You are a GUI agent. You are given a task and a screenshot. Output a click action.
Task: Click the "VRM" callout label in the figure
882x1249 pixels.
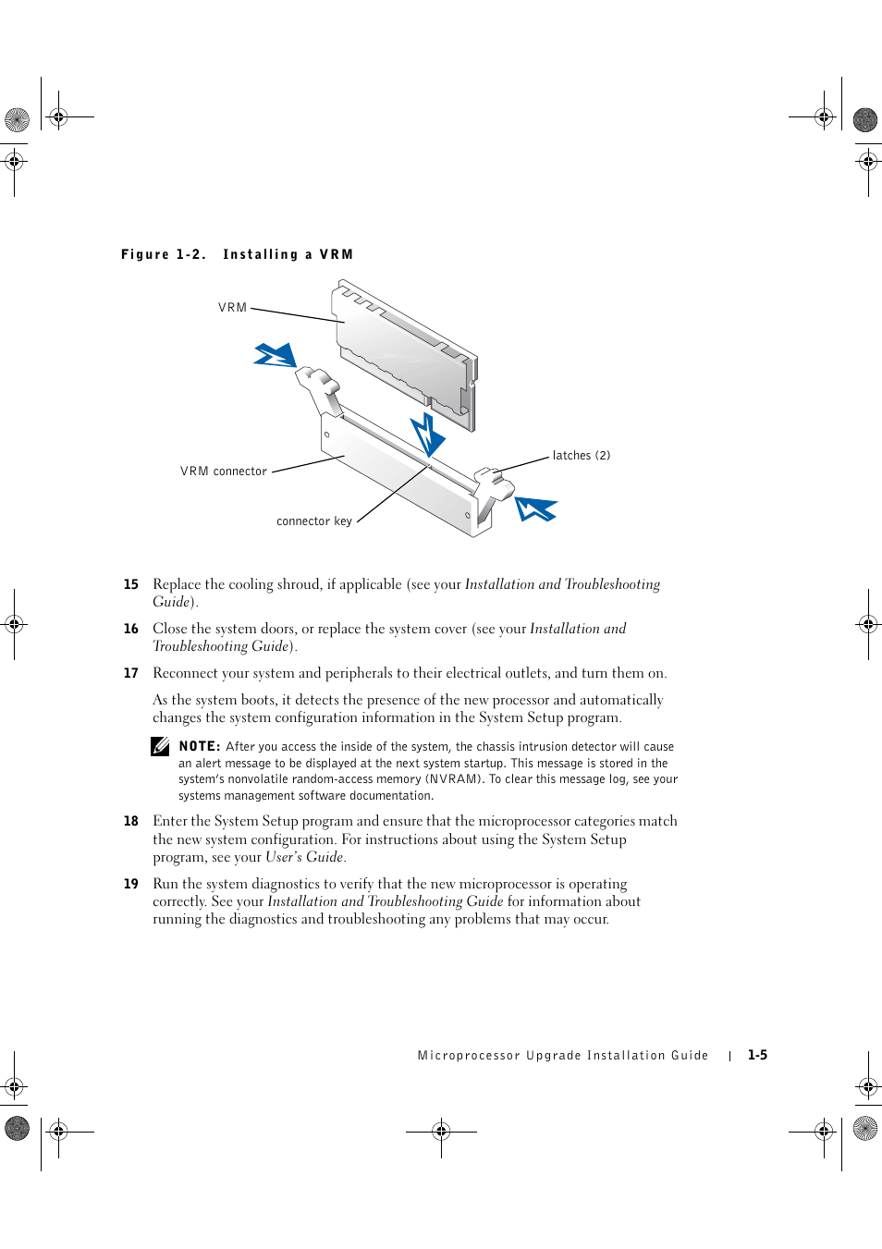pos(232,308)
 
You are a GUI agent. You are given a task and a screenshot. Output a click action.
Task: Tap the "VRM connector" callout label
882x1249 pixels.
pos(224,471)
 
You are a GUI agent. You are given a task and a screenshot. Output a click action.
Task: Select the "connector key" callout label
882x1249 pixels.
pos(314,521)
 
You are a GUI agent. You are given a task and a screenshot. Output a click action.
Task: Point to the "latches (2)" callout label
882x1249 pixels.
pos(581,456)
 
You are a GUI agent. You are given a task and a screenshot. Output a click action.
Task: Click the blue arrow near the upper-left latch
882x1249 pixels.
pos(276,355)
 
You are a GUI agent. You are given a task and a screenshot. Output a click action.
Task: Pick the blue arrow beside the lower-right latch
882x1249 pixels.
pos(535,508)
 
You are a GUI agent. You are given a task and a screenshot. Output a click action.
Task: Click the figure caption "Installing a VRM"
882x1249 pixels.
pos(288,254)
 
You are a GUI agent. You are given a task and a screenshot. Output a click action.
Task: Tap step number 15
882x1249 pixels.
pos(131,584)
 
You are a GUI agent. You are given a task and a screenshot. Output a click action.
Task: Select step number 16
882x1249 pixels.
pos(131,629)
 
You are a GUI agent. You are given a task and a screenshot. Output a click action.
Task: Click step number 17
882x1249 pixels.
pos(131,673)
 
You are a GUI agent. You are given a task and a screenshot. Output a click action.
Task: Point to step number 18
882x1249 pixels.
pos(131,821)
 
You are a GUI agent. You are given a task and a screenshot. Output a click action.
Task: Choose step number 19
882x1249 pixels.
pos(131,884)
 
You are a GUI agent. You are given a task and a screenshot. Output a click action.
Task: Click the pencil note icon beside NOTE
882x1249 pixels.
pos(161,746)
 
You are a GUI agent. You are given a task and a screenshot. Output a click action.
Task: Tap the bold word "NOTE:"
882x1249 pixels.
pos(199,746)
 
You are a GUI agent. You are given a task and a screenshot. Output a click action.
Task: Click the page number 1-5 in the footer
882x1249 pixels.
pos(757,1055)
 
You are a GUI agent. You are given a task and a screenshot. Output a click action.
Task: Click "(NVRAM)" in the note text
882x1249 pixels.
pos(454,779)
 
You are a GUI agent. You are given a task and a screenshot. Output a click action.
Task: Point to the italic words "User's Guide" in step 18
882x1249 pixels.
pos(305,857)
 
